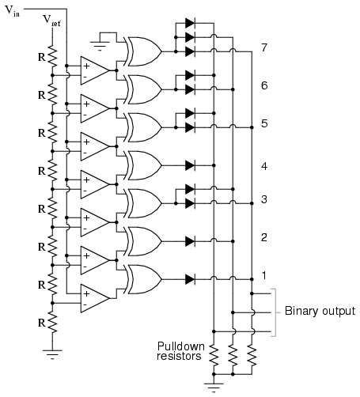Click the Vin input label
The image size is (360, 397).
13,11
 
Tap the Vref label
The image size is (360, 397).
51,21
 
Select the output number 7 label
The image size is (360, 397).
264,47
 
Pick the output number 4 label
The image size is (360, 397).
264,166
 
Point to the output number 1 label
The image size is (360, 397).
264,275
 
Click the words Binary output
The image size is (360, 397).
320,311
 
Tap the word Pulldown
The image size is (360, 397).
181,346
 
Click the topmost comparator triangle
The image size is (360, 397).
95,70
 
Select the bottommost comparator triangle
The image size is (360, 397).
95,298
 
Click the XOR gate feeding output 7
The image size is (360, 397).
144,51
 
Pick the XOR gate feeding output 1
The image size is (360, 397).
144,279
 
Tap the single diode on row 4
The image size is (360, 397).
190,165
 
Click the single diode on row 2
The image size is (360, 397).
190,241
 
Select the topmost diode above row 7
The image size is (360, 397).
190,23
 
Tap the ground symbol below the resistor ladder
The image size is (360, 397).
52,354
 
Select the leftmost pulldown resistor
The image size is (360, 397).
214,356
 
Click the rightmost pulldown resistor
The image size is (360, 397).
252,356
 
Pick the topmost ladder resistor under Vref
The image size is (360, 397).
52,57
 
